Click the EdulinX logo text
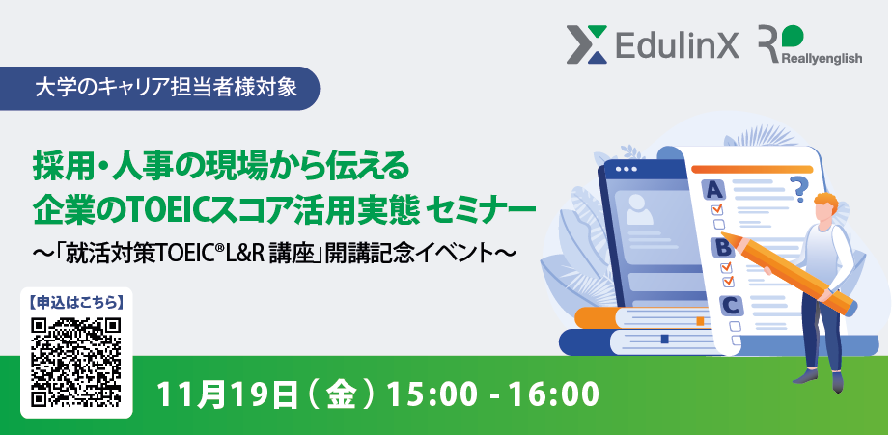pyautogui.click(x=677, y=44)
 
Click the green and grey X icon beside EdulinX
pyautogui.click(x=587, y=44)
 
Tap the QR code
pyautogui.click(x=76, y=363)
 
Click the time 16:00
pyautogui.click(x=553, y=394)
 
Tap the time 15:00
pyautogui.click(x=432, y=394)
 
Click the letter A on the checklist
pyautogui.click(x=714, y=189)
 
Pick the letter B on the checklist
pyautogui.click(x=723, y=248)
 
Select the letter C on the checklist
pyautogui.click(x=731, y=306)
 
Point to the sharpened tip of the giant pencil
pyautogui.click(x=722, y=233)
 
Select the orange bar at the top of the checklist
pyautogui.click(x=751, y=169)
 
